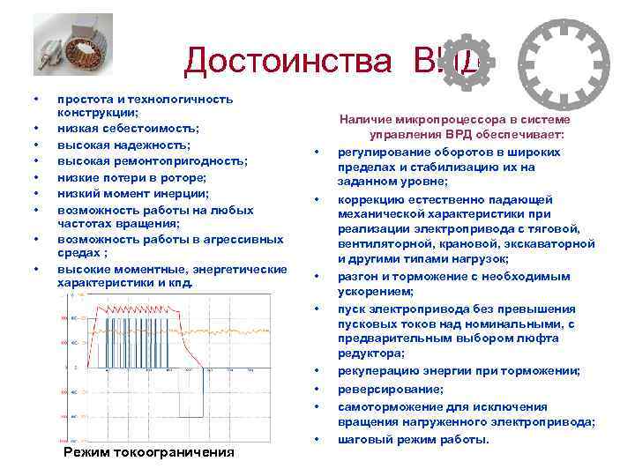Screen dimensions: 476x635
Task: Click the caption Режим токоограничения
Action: (150, 452)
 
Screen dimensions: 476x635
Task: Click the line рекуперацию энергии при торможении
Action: (459, 371)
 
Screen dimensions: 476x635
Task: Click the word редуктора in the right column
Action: (368, 353)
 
